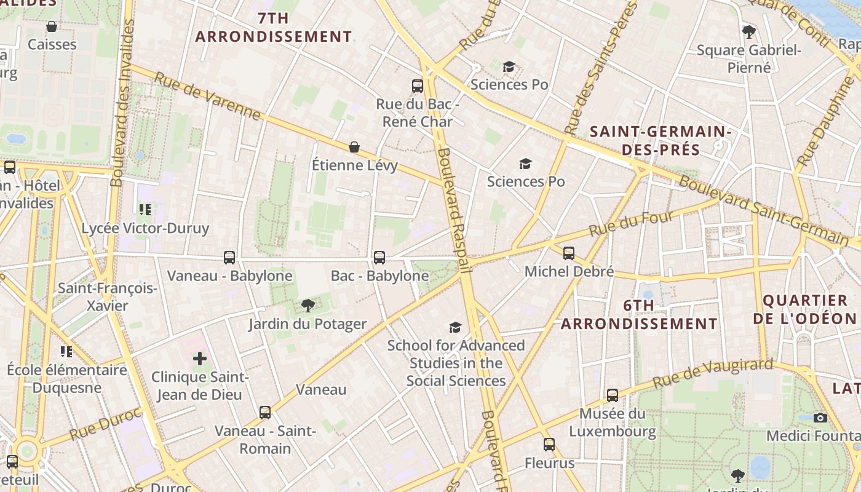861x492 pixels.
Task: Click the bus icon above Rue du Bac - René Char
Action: [x=418, y=85]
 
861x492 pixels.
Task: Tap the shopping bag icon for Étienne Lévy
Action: [x=354, y=147]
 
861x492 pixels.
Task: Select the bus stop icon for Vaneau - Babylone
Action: [x=229, y=258]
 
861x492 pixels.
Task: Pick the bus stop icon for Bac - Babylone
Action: [x=379, y=258]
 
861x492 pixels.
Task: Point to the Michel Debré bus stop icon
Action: [x=569, y=253]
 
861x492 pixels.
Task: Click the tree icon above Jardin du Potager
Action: [x=307, y=306]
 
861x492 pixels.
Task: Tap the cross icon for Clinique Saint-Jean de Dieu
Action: [x=200, y=359]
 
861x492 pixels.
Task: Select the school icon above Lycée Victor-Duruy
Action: [x=145, y=210]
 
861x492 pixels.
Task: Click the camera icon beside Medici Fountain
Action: [x=820, y=418]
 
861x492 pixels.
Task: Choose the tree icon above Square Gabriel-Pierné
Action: [x=748, y=31]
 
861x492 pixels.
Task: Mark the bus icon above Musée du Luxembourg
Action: [x=613, y=395]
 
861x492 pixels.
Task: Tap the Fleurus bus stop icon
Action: [x=549, y=444]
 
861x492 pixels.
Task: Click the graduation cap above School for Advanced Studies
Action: [x=455, y=327]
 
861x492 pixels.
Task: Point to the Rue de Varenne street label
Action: [x=207, y=96]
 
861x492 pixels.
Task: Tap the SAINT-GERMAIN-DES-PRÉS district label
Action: [x=660, y=140]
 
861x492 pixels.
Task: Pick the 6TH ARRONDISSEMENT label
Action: [x=639, y=314]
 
